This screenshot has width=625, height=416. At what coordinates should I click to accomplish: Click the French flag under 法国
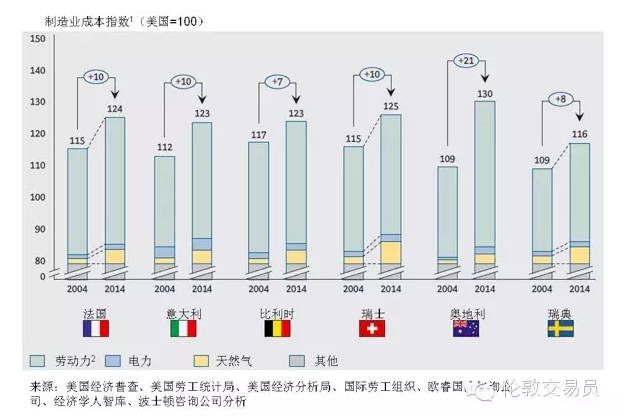pyautogui.click(x=96, y=328)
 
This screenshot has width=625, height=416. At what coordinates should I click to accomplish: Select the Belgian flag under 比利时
pyautogui.click(x=276, y=328)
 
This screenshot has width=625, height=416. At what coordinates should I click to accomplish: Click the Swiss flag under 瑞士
pyautogui.click(x=372, y=328)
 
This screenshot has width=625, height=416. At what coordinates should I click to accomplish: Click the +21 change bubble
pyautogui.click(x=464, y=62)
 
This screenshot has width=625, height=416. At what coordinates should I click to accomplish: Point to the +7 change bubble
pyautogui.click(x=278, y=80)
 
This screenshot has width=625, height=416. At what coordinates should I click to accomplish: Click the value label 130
pyautogui.click(x=484, y=93)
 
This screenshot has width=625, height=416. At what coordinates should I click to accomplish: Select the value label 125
pyautogui.click(x=391, y=106)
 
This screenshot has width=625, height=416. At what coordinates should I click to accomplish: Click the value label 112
pyautogui.click(x=164, y=148)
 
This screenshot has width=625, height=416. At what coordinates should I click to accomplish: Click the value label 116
pyautogui.click(x=579, y=134)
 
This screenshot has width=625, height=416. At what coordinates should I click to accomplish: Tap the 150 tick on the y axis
pyautogui.click(x=39, y=39)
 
